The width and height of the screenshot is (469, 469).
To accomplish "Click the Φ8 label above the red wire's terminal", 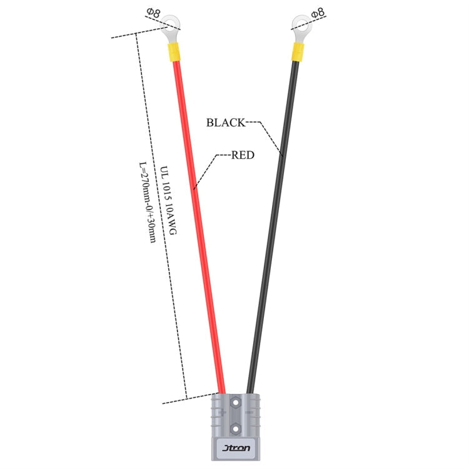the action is (x=153, y=13).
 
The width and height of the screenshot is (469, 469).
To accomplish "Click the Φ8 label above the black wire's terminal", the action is (x=318, y=13).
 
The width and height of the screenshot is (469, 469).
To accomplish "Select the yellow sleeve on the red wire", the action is (x=173, y=52).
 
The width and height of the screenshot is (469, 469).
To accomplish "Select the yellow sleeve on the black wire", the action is (x=298, y=52).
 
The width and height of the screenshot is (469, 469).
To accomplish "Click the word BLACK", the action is (x=226, y=123).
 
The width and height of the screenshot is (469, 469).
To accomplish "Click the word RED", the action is (x=243, y=155).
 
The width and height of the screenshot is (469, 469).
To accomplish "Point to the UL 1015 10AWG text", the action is (x=168, y=200).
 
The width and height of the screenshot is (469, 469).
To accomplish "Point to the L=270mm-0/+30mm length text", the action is (x=148, y=202).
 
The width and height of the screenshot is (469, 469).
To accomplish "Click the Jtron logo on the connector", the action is (x=236, y=448).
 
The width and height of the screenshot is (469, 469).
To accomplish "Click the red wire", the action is (x=199, y=228).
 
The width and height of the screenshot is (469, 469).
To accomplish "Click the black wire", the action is (x=273, y=228).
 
